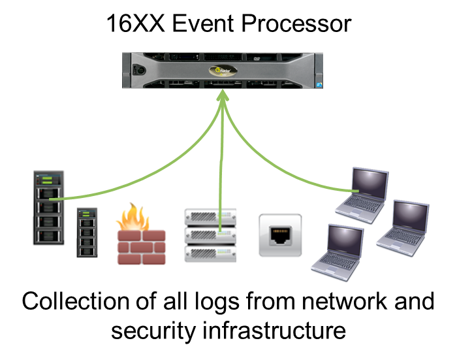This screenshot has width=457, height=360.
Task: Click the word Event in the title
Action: click(198, 24)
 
